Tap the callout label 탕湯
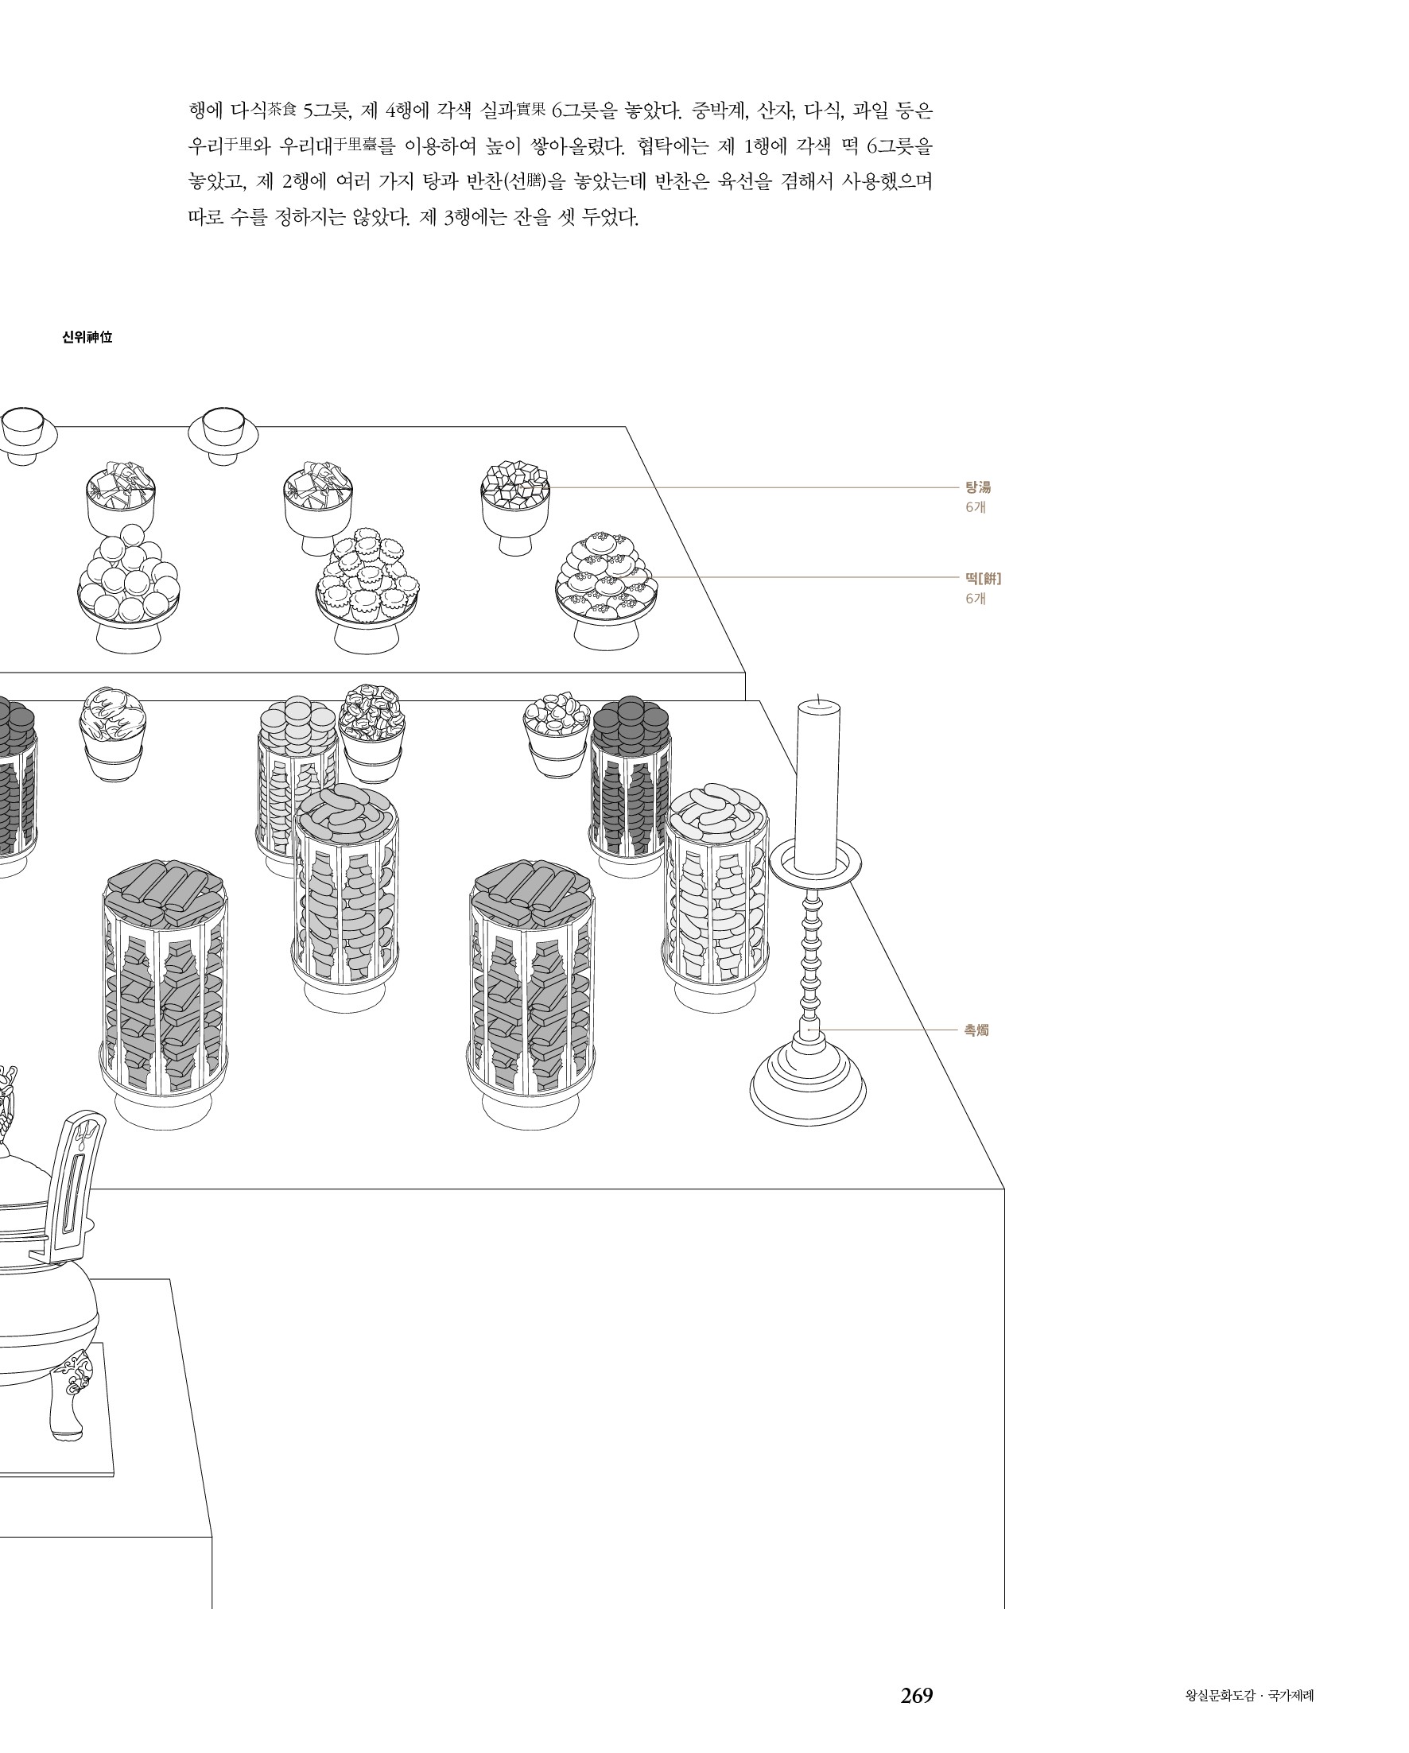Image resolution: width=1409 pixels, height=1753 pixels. point(977,488)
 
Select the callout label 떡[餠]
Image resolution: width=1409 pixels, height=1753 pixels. point(983,579)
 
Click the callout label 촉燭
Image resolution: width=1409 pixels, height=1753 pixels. point(976,1030)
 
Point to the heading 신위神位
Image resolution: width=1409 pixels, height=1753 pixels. point(87,336)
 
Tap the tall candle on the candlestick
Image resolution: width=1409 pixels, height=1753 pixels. point(817,786)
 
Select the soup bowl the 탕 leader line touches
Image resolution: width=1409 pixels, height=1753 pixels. point(514,507)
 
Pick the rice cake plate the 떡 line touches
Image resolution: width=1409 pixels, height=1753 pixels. point(606,591)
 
